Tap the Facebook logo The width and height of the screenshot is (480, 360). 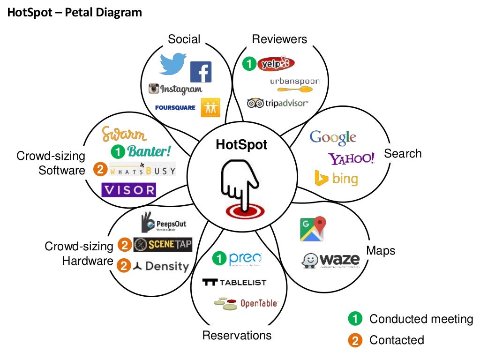201,72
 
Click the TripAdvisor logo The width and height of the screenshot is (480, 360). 277,103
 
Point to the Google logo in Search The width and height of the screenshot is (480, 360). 333,137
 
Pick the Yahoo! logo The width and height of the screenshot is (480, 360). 351,158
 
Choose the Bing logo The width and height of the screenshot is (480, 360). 336,179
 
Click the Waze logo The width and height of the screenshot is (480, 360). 331,260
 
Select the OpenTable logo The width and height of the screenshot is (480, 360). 246,303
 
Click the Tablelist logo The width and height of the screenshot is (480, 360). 234,282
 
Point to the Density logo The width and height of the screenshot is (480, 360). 161,266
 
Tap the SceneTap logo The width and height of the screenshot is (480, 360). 163,245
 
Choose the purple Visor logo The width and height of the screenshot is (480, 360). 128,190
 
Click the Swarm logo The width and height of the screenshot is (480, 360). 124,135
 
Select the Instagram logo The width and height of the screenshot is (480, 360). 175,88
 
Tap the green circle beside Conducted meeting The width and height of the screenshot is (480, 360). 355,319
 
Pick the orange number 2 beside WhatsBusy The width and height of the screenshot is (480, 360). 99,169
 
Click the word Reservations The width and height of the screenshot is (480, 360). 237,335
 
